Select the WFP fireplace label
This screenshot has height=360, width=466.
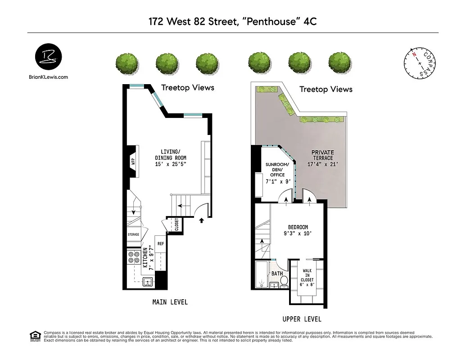click(133, 162)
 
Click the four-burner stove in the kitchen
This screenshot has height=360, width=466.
click(134, 257)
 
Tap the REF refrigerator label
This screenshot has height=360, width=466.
click(161, 243)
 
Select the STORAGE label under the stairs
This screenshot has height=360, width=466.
click(133, 234)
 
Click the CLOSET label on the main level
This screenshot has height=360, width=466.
click(176, 224)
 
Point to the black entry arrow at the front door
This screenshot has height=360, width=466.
click(201, 220)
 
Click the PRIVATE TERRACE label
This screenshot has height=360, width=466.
click(322, 155)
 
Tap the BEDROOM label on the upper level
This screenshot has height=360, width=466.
click(298, 227)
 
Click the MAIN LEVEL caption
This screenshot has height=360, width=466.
click(170, 302)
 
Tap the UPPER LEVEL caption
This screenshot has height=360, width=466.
click(302, 319)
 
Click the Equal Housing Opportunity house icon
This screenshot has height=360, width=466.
click(34, 336)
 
